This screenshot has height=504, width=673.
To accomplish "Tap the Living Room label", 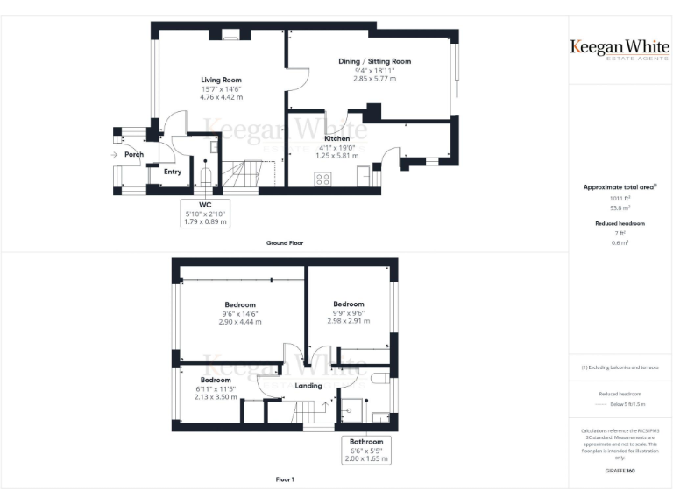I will pyautogui.click(x=221, y=80).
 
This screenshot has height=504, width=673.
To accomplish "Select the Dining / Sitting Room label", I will pyautogui.click(x=374, y=61).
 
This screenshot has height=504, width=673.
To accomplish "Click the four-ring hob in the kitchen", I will pyautogui.click(x=322, y=178).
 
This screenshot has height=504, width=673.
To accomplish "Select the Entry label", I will pyautogui.click(x=172, y=171).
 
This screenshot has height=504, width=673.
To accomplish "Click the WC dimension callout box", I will pyautogui.click(x=205, y=213).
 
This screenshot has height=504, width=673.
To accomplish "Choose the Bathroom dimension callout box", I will pyautogui.click(x=366, y=450).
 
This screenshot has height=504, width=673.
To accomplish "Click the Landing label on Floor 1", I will pyautogui.click(x=308, y=385).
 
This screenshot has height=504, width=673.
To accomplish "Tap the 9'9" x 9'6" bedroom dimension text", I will pyautogui.click(x=348, y=313).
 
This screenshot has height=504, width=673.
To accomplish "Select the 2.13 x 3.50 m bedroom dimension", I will pyautogui.click(x=216, y=396).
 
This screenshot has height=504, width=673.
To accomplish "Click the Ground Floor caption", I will pyautogui.click(x=285, y=242).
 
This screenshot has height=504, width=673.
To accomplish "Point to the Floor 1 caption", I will pyautogui.click(x=285, y=479).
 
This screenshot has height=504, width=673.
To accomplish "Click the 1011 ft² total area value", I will pyautogui.click(x=620, y=198).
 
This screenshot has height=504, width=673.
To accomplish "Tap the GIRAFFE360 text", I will pyautogui.click(x=620, y=471).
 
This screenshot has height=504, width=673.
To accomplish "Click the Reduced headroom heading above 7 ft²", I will pyautogui.click(x=620, y=223).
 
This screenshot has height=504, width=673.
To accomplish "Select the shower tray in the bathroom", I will pyautogui.click(x=351, y=409).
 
